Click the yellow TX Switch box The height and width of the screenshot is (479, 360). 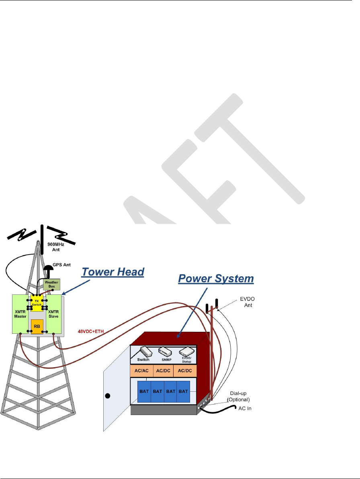[x=37, y=302]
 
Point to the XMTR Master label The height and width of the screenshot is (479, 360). [x=20, y=314]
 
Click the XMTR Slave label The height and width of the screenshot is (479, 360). [x=54, y=314]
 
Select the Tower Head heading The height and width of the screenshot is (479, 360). [x=113, y=272]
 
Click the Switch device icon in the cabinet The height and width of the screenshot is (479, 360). [x=143, y=353]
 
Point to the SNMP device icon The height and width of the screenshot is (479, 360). [x=165, y=353]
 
